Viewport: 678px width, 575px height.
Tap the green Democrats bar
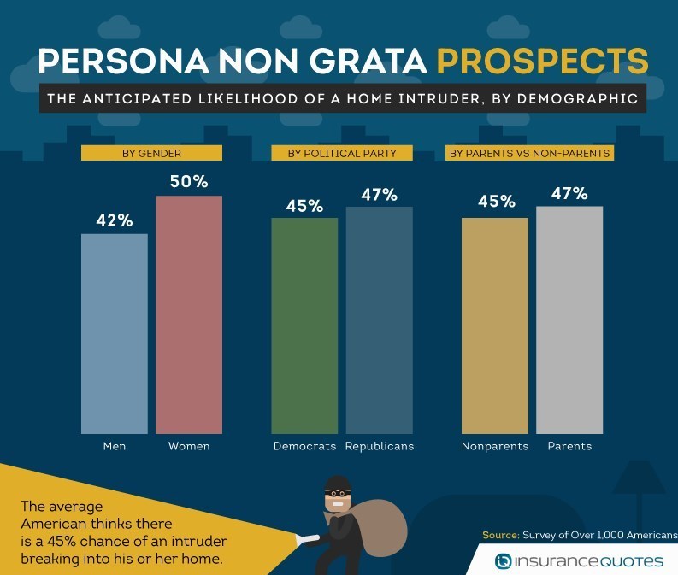click(304, 326)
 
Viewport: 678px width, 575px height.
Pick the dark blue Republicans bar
click(379, 320)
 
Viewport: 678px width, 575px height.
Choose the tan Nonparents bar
click(495, 326)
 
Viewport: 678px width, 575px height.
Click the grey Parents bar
click(569, 320)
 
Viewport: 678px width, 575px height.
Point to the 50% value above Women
click(189, 182)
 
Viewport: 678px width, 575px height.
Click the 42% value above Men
click(115, 220)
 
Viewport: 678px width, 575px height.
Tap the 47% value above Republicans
click(379, 194)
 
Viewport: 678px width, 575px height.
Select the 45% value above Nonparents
click(495, 202)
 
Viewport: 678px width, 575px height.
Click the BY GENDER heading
click(152, 153)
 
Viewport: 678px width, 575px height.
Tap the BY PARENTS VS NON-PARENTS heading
click(529, 153)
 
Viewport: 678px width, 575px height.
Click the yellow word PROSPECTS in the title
click(541, 62)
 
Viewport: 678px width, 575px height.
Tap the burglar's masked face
click(337, 494)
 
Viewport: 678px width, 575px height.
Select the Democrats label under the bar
click(304, 446)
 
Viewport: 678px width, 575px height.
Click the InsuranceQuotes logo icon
click(504, 561)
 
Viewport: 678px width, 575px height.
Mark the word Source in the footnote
click(499, 535)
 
